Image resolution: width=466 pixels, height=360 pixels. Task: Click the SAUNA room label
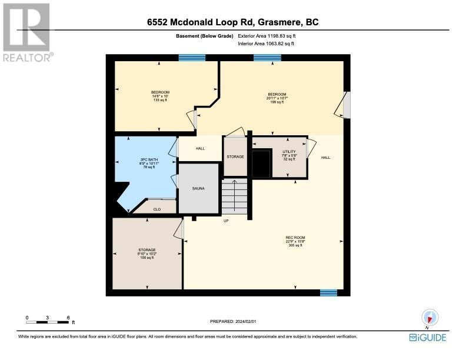pos(198,188)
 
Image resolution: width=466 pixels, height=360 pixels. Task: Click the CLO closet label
pos(157,209)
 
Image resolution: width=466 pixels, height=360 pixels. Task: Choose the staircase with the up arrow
pos(235,196)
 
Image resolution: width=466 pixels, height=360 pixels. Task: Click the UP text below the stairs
pos(226,221)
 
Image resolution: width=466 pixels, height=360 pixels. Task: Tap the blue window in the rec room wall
pos(328,293)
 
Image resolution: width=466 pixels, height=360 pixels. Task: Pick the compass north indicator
pos(430,318)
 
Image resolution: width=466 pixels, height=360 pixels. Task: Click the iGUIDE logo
pos(428,338)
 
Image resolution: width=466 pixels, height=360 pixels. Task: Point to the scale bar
pos(48,322)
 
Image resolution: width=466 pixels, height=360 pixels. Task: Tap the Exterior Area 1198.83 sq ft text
pos(267,36)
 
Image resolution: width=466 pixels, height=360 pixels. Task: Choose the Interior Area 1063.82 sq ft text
pos(266,44)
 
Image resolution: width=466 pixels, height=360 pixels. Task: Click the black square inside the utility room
pos(261,164)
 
